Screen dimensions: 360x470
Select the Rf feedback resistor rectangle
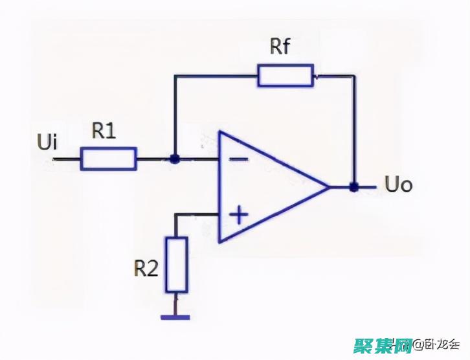pos(285,75)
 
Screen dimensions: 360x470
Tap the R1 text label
pos(104,131)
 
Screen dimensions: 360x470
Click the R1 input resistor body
pos(108,158)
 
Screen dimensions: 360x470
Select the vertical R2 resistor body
pos(176,264)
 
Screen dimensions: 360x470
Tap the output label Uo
pos(399,186)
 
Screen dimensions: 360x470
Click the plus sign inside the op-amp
pos(239,214)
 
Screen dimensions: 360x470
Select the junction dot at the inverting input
pos(174,158)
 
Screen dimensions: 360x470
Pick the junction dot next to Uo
pos(353,187)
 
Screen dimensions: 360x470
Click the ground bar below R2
pos(175,317)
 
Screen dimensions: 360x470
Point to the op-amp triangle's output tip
pos(330,186)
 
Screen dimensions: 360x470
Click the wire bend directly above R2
pos(176,214)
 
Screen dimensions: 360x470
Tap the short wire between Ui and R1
pos(66,158)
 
